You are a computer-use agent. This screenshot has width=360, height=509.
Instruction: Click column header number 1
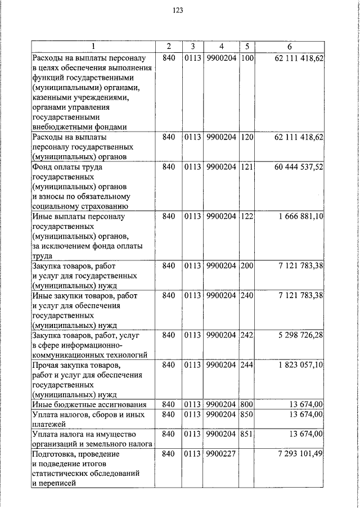(x=93, y=46)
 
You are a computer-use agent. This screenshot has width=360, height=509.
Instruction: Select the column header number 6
(x=289, y=46)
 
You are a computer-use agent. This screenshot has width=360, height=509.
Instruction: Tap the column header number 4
(x=221, y=46)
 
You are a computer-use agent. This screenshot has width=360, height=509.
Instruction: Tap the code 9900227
(x=221, y=454)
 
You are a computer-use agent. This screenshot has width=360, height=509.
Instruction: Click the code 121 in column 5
(x=247, y=167)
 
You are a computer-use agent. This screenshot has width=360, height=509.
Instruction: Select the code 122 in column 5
(x=247, y=216)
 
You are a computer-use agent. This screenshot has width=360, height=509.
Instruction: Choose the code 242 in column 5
(x=247, y=335)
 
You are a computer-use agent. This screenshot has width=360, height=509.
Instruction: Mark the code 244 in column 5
(x=247, y=366)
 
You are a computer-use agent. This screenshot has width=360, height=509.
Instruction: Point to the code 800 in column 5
(x=247, y=404)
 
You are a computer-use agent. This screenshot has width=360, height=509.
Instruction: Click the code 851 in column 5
(x=247, y=434)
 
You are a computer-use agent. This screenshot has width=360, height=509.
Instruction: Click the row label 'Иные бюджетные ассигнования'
(x=89, y=404)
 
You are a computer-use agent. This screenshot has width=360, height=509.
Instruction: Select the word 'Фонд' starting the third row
(x=43, y=167)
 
